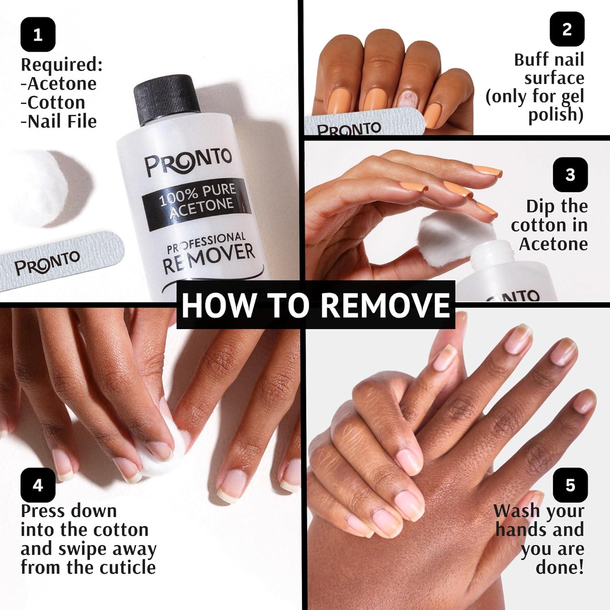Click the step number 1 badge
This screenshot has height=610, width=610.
click(x=38, y=35)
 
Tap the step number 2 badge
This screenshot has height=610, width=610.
click(x=567, y=29)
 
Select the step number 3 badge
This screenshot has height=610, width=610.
click(x=570, y=174)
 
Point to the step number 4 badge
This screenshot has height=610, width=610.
click(x=38, y=485)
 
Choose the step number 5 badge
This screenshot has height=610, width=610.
click(x=570, y=485)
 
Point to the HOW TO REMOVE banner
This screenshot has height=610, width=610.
click(x=316, y=305)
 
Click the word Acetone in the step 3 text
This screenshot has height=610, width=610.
click(x=553, y=244)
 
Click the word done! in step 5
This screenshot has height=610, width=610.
click(x=560, y=567)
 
